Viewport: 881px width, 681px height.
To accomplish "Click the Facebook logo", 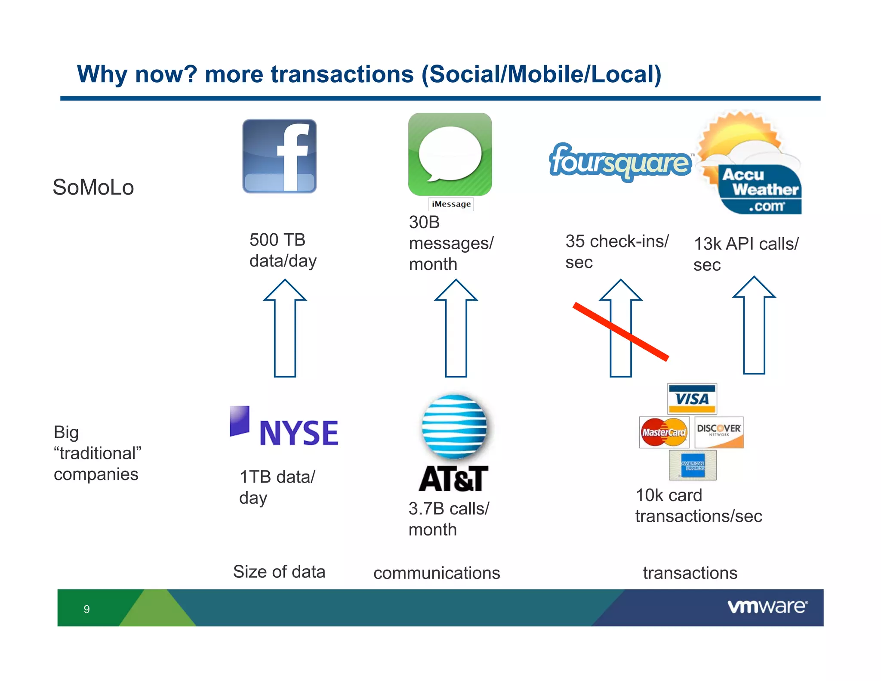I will click(280, 156).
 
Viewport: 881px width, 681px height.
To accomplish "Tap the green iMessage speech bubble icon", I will click(450, 154).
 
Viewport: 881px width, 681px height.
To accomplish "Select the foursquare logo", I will click(620, 162).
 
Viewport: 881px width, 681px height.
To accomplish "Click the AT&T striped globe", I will click(454, 426).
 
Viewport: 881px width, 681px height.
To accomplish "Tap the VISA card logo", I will click(692, 399).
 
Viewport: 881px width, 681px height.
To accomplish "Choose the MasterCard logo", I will click(664, 432).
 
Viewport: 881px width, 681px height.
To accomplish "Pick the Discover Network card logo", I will click(719, 432).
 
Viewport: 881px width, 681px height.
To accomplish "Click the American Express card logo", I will click(693, 465).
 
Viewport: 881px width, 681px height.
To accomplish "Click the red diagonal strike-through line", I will click(621, 331).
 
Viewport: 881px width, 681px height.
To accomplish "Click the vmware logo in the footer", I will click(767, 607).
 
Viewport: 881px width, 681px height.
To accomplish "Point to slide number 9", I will click(87, 609).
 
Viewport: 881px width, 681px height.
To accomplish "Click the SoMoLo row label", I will click(93, 188).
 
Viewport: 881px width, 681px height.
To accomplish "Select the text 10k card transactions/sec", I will click(698, 506).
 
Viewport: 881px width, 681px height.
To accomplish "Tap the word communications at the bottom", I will click(437, 573).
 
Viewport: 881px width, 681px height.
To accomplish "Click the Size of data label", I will click(279, 572).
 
